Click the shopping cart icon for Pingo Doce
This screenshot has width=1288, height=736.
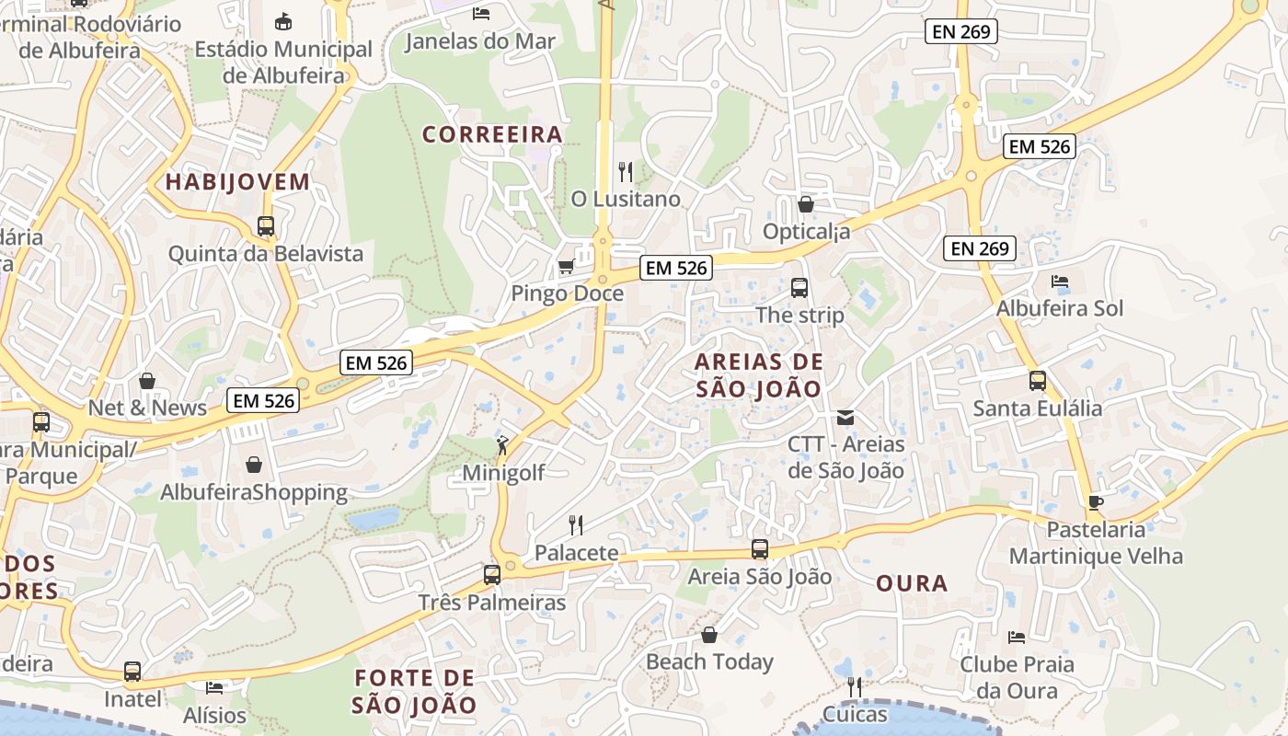point(566,267)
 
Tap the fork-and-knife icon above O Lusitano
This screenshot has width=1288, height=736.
point(626,171)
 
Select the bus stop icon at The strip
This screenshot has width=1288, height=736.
point(799,288)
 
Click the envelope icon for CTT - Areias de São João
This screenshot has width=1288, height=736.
point(845,418)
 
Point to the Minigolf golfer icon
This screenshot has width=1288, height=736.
point(502,446)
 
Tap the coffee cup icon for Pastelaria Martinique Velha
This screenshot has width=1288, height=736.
point(1095,502)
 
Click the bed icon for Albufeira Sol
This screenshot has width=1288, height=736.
point(1060,281)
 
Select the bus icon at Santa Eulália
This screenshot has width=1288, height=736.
point(1038,380)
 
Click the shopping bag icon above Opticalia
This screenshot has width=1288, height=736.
point(806,204)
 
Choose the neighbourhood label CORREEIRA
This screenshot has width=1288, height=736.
point(492,134)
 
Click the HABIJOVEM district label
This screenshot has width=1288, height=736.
point(237,181)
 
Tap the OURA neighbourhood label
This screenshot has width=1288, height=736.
point(912,583)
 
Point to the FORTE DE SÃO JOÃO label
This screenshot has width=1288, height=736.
point(415,692)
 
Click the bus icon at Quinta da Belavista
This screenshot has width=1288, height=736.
point(266,225)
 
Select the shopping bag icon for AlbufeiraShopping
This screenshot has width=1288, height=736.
point(254,465)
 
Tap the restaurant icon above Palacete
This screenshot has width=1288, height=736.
point(576,525)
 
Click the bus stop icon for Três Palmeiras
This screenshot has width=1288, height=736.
point(492,575)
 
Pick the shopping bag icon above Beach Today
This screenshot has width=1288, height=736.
point(709,635)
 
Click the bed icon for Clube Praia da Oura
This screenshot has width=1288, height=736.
point(1017,637)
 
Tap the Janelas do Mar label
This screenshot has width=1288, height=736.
point(480,41)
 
